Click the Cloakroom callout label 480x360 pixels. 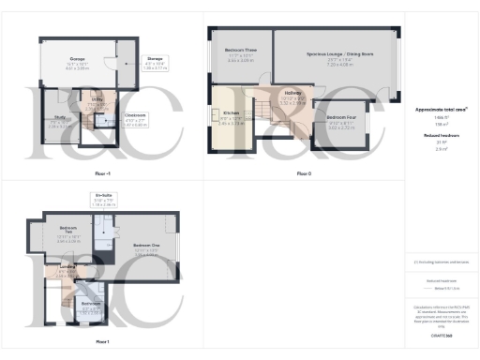tap(111, 116)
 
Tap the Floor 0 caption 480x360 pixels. tap(304, 173)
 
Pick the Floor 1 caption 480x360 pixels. tap(102, 342)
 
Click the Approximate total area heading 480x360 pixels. tap(441, 109)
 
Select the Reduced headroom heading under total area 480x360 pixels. tap(441, 135)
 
